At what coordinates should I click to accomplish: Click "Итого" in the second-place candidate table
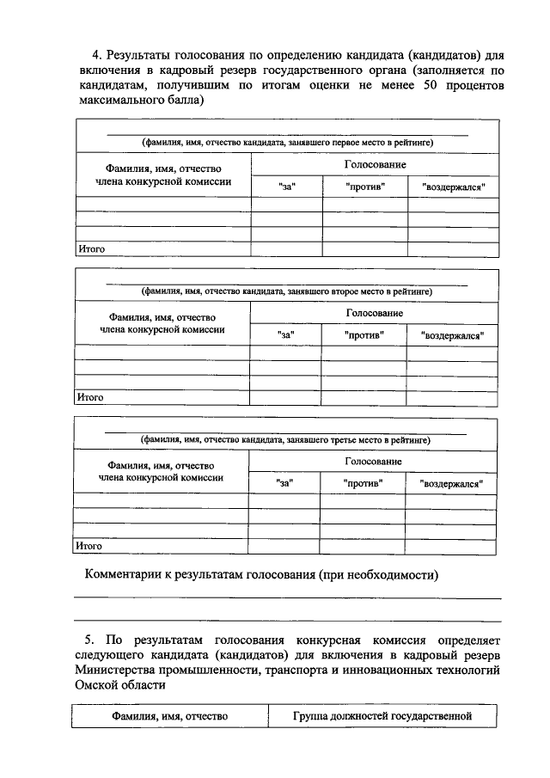click(90, 397)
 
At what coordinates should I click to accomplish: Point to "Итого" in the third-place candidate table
click(89, 545)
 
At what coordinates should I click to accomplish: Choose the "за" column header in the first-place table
click(287, 187)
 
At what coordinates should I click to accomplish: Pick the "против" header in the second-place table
click(364, 334)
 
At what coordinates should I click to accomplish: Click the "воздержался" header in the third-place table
click(451, 483)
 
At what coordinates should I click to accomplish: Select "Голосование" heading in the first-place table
click(375, 163)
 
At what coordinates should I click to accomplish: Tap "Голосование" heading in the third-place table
click(373, 461)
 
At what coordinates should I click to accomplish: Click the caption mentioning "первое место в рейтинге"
click(287, 142)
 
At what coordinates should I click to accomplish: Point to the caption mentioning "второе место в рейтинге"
click(286, 291)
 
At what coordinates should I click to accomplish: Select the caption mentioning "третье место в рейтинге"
click(286, 439)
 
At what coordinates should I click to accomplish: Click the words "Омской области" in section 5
click(119, 686)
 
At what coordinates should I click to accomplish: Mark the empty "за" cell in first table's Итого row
click(286, 249)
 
